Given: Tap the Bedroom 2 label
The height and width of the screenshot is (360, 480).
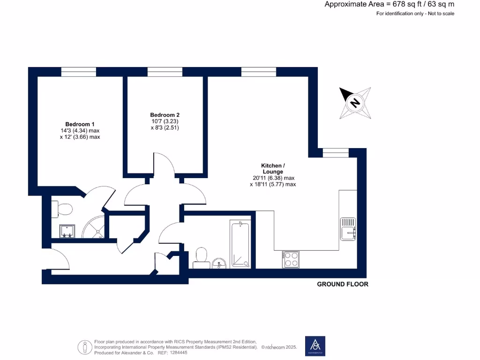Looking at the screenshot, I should click(165, 115).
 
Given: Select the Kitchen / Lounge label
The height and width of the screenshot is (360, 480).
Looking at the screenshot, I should click(272, 169).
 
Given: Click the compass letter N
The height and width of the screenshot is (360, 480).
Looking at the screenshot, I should click(355, 102).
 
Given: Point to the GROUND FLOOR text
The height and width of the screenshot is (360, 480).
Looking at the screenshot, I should click(343, 284).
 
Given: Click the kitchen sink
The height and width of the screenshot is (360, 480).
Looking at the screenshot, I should click(348, 229).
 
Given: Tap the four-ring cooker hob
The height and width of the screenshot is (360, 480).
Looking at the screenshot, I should click(291, 260).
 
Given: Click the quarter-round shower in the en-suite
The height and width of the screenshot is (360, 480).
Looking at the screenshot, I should click(94, 228).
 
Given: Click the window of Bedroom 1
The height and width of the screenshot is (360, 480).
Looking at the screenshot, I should click(79, 72).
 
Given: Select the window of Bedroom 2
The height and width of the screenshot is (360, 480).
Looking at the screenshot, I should click(165, 72).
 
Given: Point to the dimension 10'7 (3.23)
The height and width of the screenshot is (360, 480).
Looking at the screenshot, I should click(165, 121).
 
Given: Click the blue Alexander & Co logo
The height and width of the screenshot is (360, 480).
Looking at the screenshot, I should click(315, 346).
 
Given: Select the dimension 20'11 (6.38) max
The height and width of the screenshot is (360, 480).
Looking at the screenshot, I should click(273, 178).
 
